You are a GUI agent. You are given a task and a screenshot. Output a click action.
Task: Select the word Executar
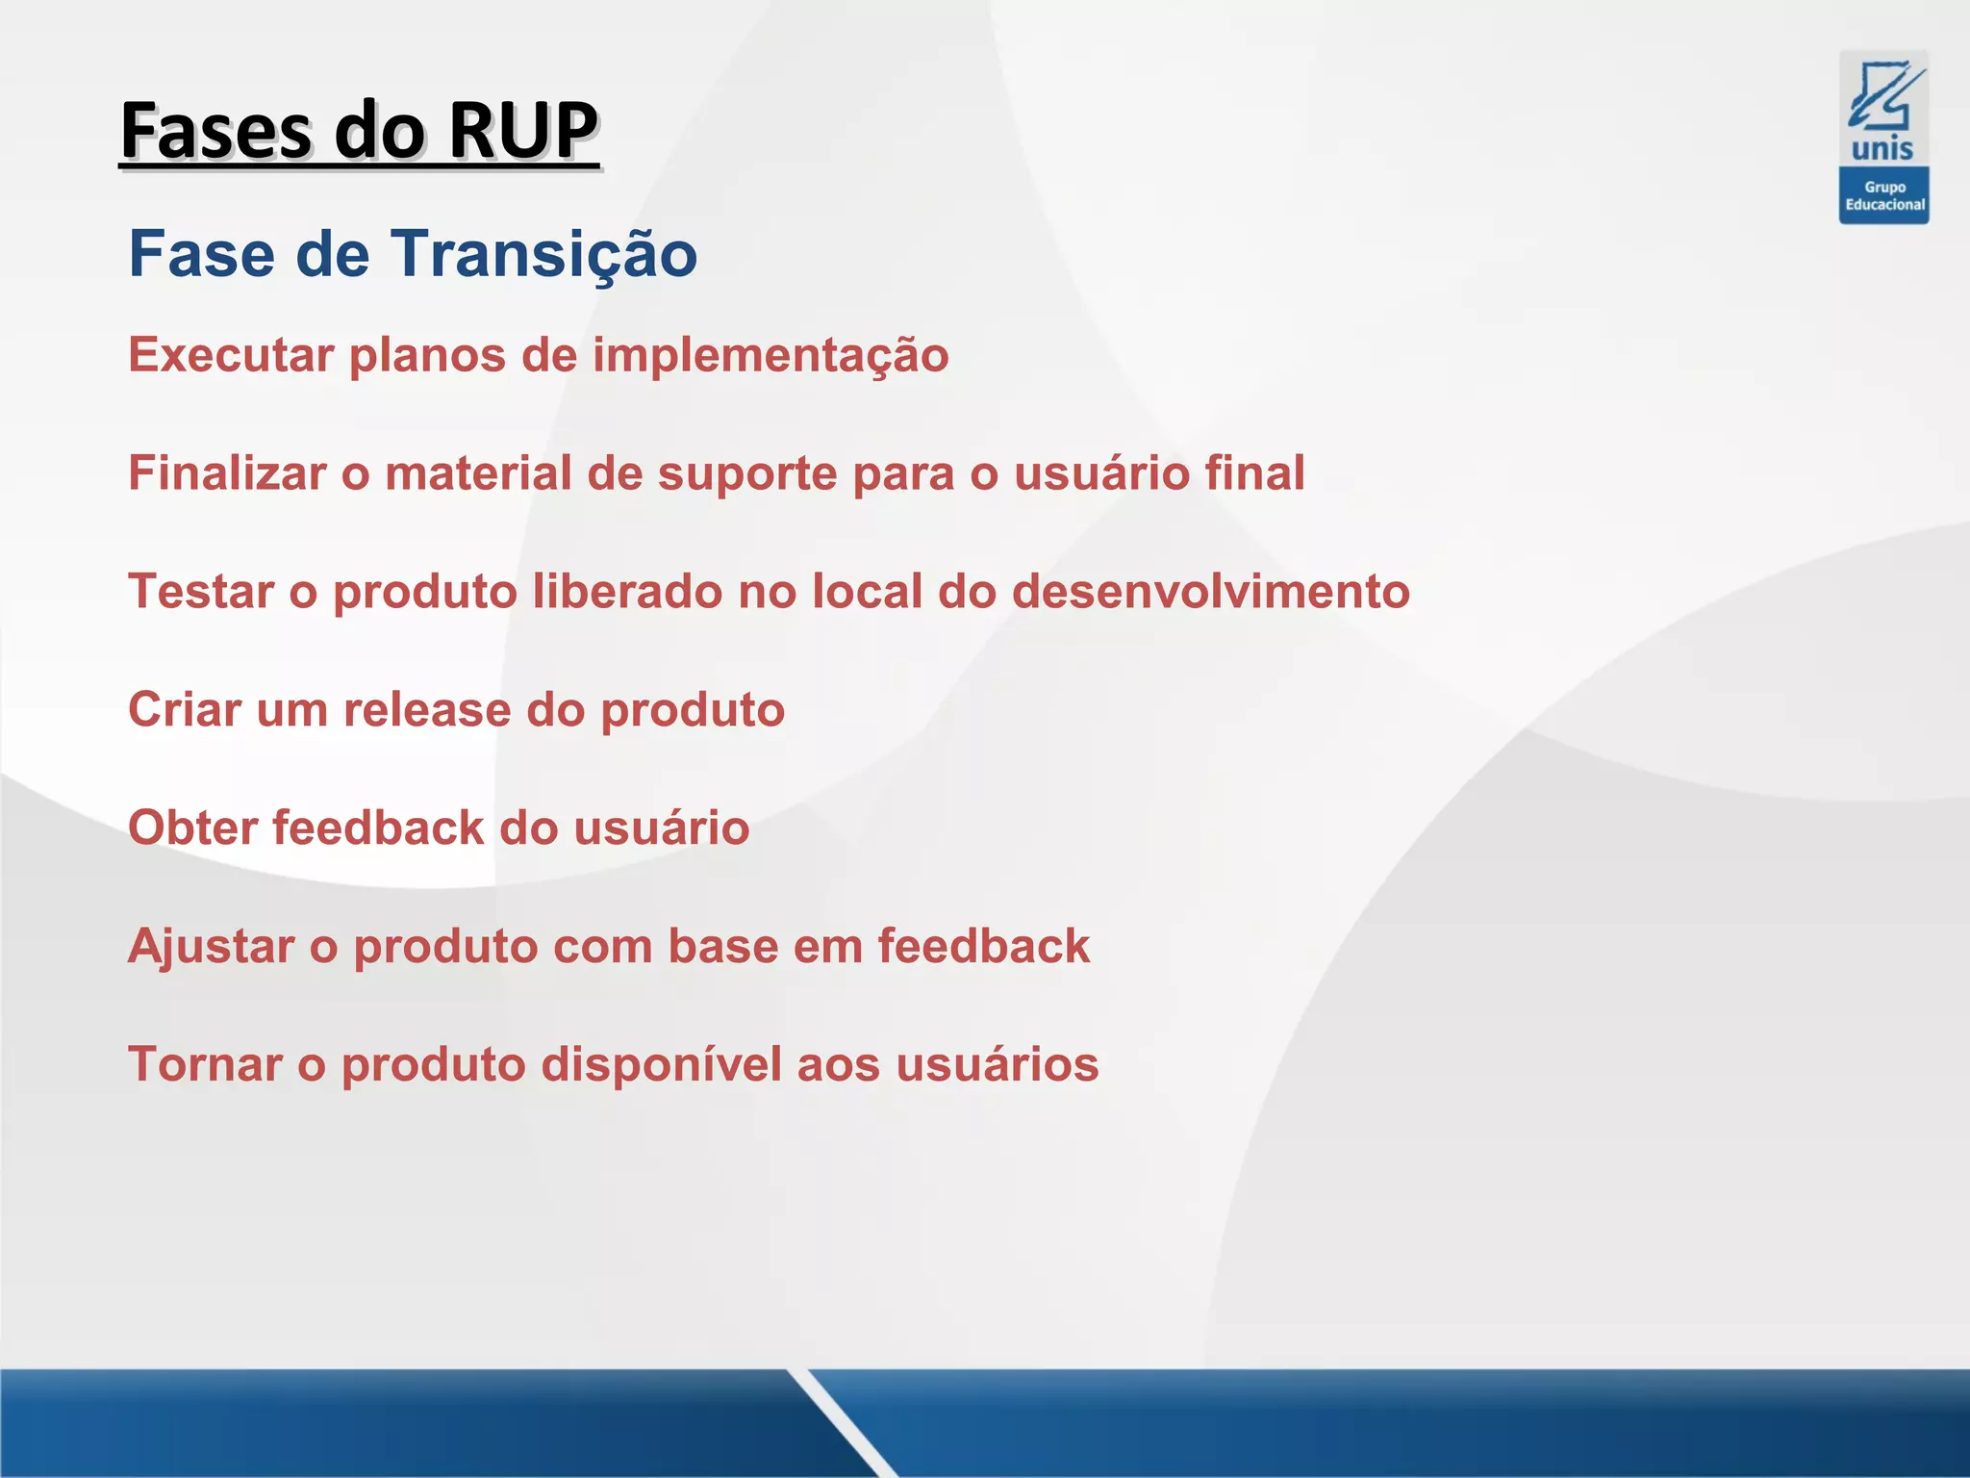(x=231, y=355)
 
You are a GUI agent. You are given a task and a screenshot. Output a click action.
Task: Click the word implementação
(x=770, y=355)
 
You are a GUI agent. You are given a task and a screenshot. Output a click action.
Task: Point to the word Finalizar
(x=227, y=473)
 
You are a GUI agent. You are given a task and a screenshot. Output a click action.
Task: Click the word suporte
(x=747, y=473)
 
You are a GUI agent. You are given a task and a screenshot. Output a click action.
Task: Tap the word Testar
(x=201, y=592)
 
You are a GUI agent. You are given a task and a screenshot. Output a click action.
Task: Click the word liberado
(x=626, y=592)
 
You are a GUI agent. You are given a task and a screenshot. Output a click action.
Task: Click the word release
(x=427, y=710)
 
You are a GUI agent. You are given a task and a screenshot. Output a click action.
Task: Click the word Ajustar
(x=211, y=947)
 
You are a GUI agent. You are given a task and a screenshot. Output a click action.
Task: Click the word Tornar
(x=205, y=1065)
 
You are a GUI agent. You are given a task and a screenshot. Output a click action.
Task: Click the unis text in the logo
(x=1882, y=149)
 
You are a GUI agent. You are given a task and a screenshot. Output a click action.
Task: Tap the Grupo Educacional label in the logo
(x=1884, y=196)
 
